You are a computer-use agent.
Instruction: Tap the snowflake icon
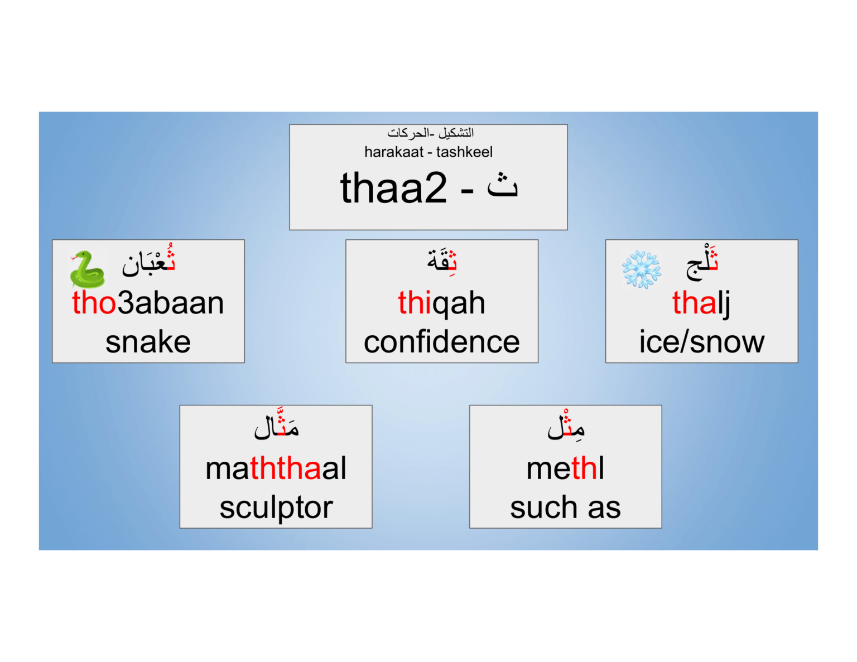pos(642,269)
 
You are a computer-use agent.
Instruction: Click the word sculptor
pos(276,507)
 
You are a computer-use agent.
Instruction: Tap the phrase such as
pos(565,507)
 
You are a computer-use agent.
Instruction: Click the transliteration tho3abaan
pos(148,303)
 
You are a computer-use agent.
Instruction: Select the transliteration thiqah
pos(441,303)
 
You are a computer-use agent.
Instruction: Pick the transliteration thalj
pos(701,303)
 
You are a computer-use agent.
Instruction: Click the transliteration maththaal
pos(276,468)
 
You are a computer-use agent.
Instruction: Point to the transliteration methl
pos(565,468)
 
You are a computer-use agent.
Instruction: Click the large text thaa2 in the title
pos(393,188)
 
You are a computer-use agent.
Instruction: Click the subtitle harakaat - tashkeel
pos(428,152)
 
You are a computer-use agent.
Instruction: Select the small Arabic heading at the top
pos(430,133)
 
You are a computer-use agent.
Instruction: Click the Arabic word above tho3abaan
pos(149,262)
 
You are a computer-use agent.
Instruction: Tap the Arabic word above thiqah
pos(442,260)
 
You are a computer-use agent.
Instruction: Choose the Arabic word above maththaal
pos(277,426)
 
